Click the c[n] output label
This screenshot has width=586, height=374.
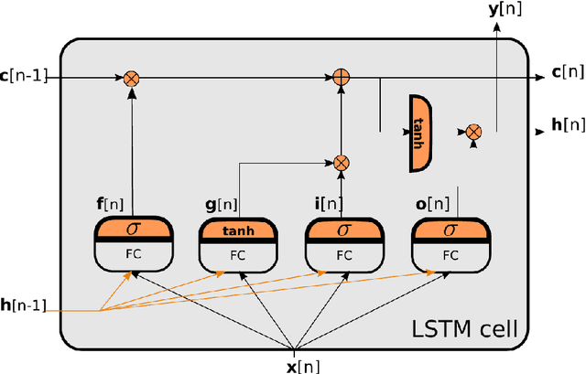[566, 71]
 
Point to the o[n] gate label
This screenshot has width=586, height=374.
[433, 206]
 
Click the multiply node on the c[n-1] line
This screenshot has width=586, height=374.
[131, 79]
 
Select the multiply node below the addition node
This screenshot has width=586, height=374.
[341, 163]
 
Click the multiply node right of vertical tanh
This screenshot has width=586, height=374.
[473, 133]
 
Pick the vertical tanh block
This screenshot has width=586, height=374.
[420, 134]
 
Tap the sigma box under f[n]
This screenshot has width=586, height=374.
[133, 227]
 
